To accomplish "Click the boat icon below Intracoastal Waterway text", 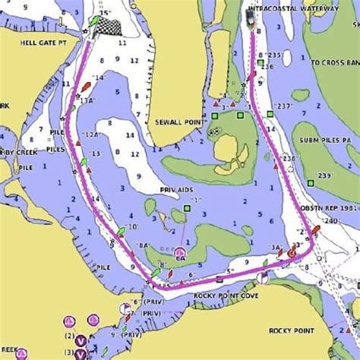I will point(251,17).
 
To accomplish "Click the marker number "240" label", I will point(330,221).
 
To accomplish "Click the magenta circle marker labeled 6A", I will point(180,252).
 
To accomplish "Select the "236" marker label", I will point(267,67).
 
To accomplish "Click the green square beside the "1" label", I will point(187,208).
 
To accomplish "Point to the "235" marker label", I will point(275,55).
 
